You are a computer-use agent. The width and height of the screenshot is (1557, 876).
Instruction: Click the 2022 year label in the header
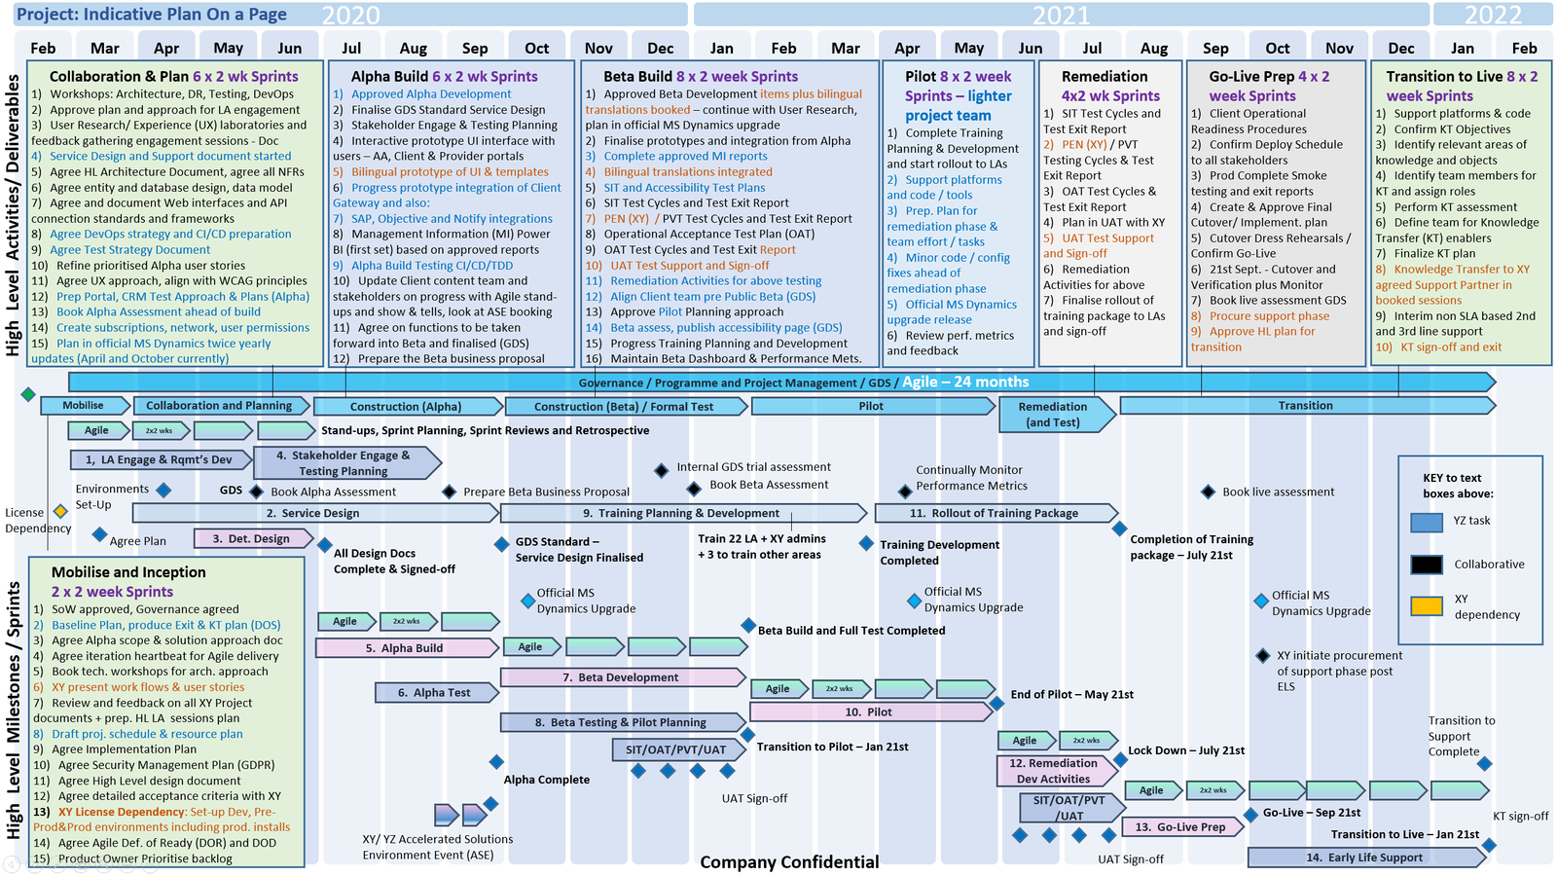pyautogui.click(x=1493, y=15)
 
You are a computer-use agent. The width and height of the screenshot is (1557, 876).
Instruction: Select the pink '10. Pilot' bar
pyautogui.click(x=868, y=712)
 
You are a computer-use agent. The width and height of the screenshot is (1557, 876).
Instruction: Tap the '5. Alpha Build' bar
pyautogui.click(x=405, y=648)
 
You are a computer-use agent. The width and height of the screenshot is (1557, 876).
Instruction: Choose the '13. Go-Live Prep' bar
pyautogui.click(x=1180, y=827)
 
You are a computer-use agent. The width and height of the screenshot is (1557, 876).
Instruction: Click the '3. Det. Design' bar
pyautogui.click(x=251, y=538)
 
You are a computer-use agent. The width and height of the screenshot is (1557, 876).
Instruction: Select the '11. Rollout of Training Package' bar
pyautogui.click(x=994, y=513)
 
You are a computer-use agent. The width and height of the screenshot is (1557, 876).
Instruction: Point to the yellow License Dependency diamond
pyautogui.click(x=60, y=511)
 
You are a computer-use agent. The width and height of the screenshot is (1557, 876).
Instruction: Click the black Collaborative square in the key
pyautogui.click(x=1426, y=565)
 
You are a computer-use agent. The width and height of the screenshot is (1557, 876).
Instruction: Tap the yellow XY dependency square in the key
pyautogui.click(x=1426, y=605)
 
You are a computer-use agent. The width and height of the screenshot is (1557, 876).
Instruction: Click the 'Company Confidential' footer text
pyautogui.click(x=789, y=861)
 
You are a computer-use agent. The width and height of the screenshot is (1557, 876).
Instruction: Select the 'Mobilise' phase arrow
pyautogui.click(x=83, y=406)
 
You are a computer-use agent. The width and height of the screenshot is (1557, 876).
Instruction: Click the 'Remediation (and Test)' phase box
pyautogui.click(x=1053, y=415)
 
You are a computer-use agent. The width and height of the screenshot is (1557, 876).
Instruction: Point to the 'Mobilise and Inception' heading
pyautogui.click(x=128, y=572)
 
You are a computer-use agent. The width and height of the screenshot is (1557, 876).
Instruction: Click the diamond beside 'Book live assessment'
pyautogui.click(x=1208, y=493)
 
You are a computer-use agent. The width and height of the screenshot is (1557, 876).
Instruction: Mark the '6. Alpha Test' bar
pyautogui.click(x=434, y=693)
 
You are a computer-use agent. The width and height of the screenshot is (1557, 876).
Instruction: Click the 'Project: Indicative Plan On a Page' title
pyautogui.click(x=152, y=15)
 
